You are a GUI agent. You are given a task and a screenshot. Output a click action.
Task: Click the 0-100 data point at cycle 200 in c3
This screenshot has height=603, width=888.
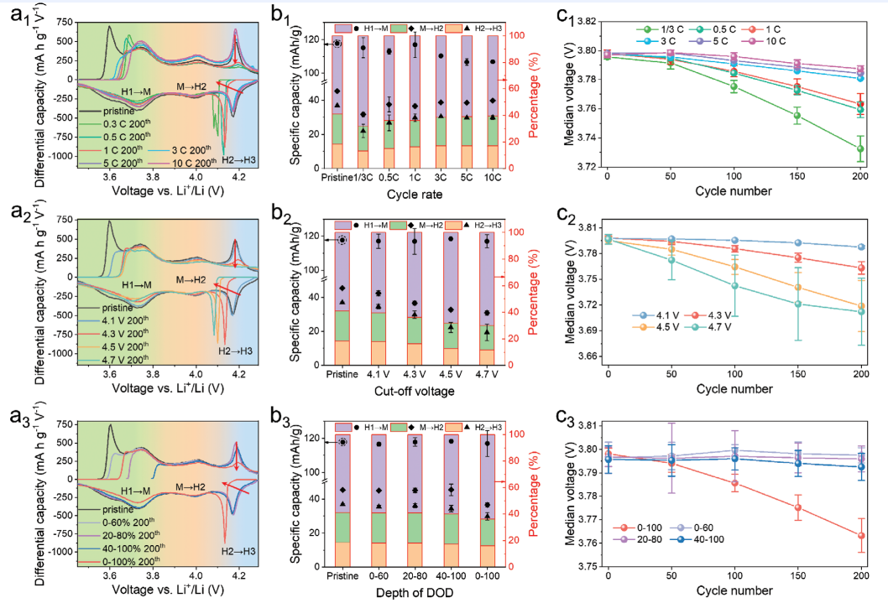pyautogui.click(x=860, y=536)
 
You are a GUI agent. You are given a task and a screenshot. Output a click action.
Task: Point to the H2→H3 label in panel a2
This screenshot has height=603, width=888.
pyautogui.click(x=237, y=351)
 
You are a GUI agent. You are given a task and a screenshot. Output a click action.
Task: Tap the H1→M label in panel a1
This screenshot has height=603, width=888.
pyautogui.click(x=137, y=91)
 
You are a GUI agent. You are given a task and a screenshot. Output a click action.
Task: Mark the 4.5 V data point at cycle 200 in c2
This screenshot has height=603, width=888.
pyautogui.click(x=860, y=305)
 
